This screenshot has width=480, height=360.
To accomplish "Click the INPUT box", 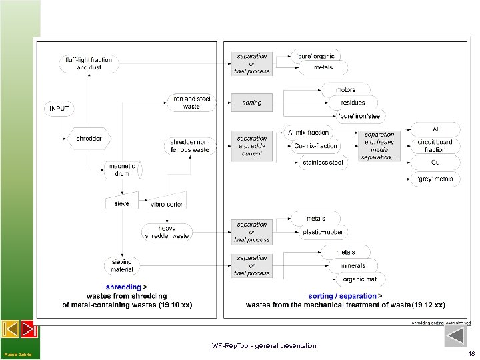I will click(x=59, y=108).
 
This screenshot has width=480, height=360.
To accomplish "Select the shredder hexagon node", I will click(x=89, y=139).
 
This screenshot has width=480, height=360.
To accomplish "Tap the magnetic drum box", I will click(x=122, y=170).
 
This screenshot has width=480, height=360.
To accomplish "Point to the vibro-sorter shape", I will click(x=167, y=203).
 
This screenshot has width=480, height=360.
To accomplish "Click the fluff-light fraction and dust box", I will click(x=89, y=63).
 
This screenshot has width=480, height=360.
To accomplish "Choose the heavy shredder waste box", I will click(x=167, y=231).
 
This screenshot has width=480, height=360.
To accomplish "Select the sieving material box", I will click(x=122, y=265).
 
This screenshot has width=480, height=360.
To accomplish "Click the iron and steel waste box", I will click(x=191, y=102).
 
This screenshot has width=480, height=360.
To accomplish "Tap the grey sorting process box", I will click(x=252, y=103).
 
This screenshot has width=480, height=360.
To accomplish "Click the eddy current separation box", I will click(x=252, y=146).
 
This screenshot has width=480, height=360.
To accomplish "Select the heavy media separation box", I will click(x=379, y=146).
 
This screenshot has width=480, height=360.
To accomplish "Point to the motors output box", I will click(x=346, y=89).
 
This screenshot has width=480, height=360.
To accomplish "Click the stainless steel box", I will click(x=323, y=162).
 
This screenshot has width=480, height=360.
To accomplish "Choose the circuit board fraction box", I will click(x=435, y=145).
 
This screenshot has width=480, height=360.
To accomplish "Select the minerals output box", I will click(x=353, y=265).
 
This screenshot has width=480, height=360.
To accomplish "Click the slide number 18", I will click(x=471, y=354).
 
